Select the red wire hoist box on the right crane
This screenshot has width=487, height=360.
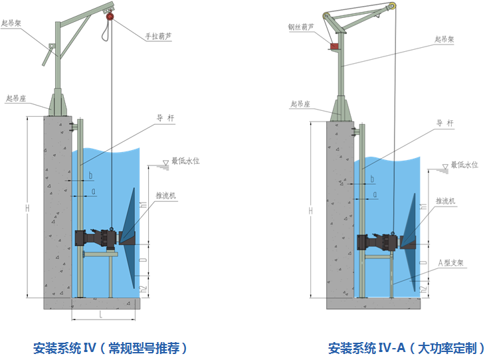334,45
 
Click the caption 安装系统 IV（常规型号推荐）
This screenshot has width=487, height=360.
110,347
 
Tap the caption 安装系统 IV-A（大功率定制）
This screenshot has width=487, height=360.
406,347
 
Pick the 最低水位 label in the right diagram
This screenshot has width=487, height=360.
464,165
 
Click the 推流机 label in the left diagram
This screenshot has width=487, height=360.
166,196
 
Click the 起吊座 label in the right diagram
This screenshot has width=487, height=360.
302,104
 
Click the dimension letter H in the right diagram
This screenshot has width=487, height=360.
311,211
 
